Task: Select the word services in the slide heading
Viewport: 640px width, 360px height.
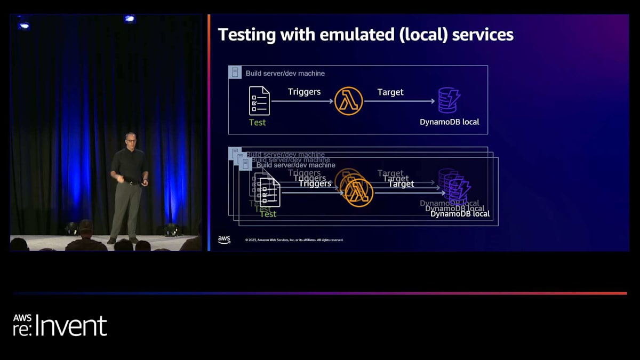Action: pyautogui.click(x=483, y=35)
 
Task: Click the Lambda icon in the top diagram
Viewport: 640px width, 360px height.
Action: pyautogui.click(x=349, y=101)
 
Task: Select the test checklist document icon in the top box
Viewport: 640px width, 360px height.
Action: pyautogui.click(x=259, y=101)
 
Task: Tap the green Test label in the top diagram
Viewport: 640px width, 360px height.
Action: pyautogui.click(x=257, y=122)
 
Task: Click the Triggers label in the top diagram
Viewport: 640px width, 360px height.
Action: pyautogui.click(x=304, y=92)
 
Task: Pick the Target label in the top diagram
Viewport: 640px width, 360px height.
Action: pyautogui.click(x=390, y=92)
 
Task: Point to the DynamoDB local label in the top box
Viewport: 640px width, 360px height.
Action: pyautogui.click(x=449, y=122)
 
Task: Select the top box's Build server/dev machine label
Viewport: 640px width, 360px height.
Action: pyautogui.click(x=285, y=73)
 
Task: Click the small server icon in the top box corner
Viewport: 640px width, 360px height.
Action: pyautogui.click(x=235, y=73)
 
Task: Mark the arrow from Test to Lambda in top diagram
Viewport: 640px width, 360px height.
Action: pyautogui.click(x=301, y=101)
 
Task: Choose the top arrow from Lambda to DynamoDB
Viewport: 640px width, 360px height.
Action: pyautogui.click(x=399, y=101)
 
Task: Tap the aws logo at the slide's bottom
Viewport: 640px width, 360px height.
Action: pyautogui.click(x=224, y=240)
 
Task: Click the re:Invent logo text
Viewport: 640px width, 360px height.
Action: pyautogui.click(x=60, y=326)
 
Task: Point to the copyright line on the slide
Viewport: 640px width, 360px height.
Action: pyautogui.click(x=294, y=240)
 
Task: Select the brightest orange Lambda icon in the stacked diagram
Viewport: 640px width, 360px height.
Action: pyautogui.click(x=359, y=193)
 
